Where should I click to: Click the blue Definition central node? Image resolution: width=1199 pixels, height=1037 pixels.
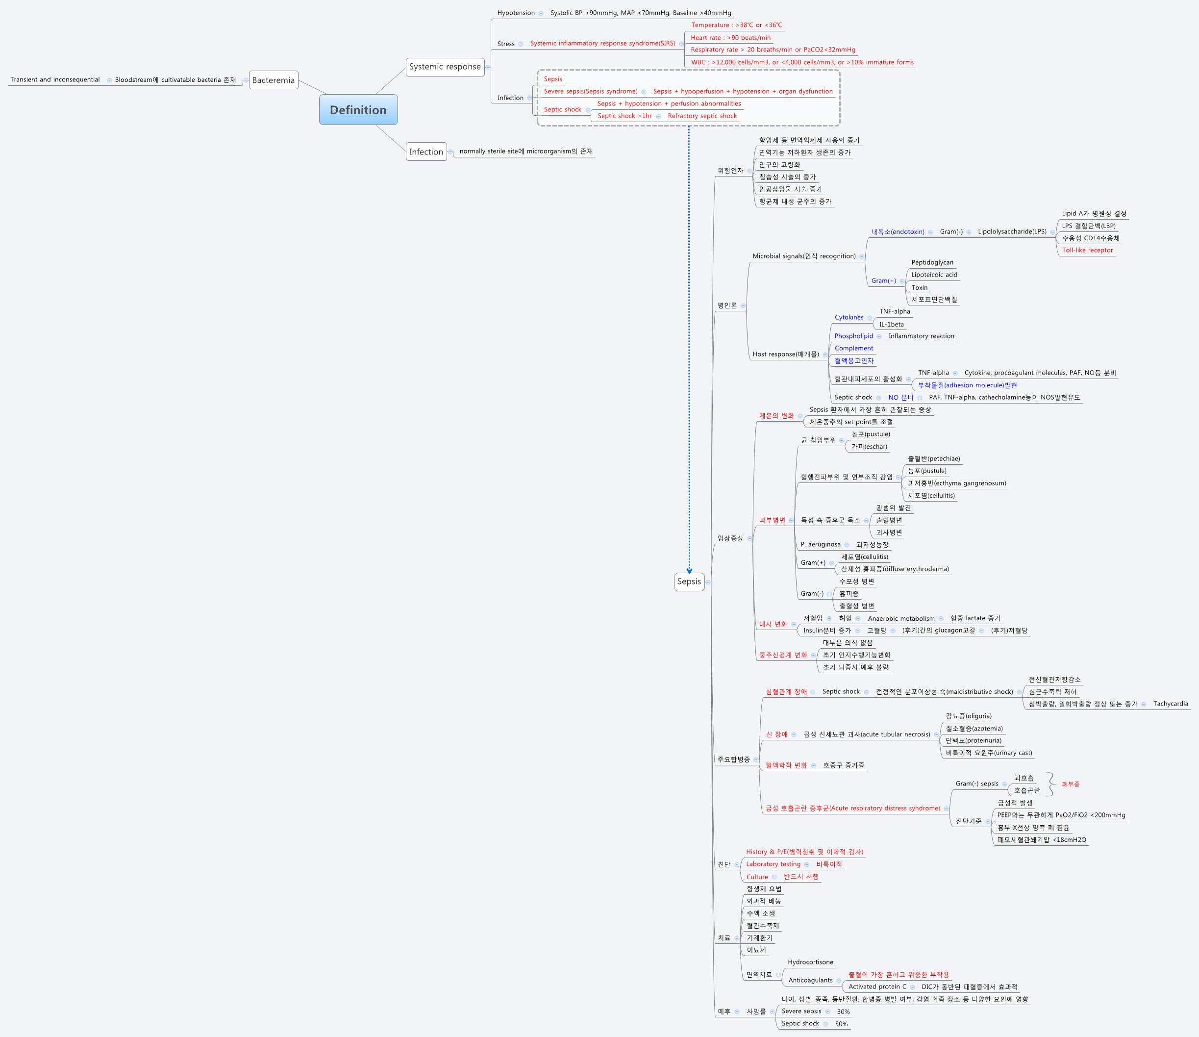click(x=358, y=110)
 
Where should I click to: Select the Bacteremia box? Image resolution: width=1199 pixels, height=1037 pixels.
click(x=273, y=80)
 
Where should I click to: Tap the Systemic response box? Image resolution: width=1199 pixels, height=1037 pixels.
click(x=445, y=67)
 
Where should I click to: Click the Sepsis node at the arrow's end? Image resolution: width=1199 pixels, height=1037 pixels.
click(x=689, y=582)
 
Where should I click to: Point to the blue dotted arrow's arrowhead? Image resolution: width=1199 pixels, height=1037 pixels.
click(x=689, y=571)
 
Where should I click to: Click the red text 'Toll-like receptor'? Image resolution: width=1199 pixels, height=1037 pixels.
click(x=1087, y=251)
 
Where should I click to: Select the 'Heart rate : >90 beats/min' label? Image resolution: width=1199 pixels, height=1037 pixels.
click(x=730, y=38)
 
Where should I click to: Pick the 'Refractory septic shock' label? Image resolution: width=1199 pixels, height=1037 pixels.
click(x=702, y=116)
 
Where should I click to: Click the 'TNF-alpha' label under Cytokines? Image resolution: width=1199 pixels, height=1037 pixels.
click(x=895, y=311)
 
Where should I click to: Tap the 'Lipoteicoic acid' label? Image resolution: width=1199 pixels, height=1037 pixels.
click(x=934, y=275)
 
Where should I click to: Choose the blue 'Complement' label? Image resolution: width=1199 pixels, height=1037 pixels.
click(x=853, y=349)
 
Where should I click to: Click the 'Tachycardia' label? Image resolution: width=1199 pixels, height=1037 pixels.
click(x=1170, y=704)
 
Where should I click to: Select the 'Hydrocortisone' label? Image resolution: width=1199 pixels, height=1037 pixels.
click(x=810, y=962)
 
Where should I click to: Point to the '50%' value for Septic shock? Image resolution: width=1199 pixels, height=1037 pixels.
click(x=841, y=1024)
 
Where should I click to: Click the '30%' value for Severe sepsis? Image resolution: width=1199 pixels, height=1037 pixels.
click(x=843, y=1012)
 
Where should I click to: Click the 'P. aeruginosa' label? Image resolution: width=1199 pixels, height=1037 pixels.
click(x=821, y=545)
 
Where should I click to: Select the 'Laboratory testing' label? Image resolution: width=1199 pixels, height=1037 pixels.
click(x=773, y=864)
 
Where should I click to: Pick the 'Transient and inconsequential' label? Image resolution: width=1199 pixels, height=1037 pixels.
click(x=55, y=80)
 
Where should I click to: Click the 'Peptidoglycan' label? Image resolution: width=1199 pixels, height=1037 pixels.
click(x=932, y=263)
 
